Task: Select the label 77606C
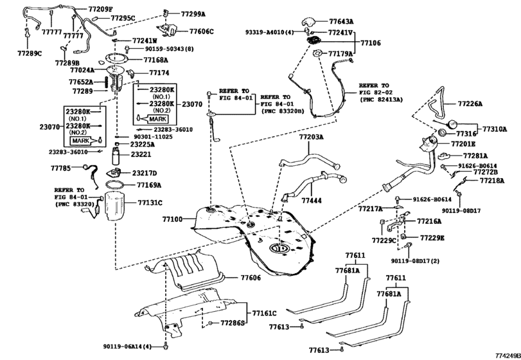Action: point(202,31)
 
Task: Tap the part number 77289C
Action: point(28,53)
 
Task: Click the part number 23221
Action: point(141,154)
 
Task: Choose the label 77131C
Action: point(150,203)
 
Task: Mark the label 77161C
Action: point(264,313)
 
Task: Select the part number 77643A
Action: point(341,21)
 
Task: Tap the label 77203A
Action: point(311,137)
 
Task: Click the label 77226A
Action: point(470,104)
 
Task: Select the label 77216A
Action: point(430,221)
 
